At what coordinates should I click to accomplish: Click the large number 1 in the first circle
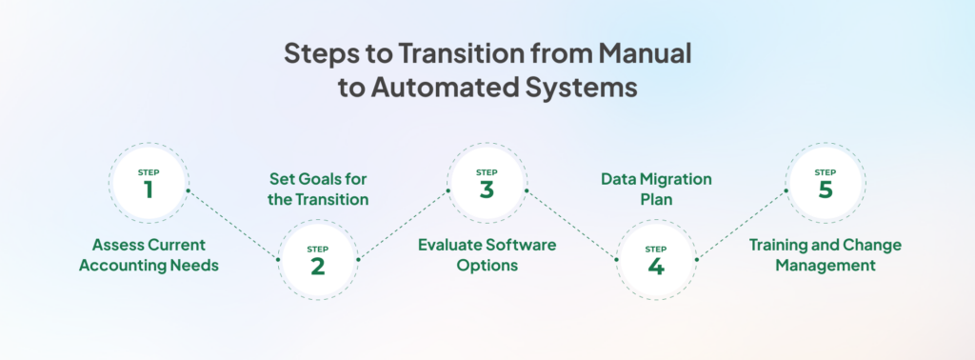(x=149, y=190)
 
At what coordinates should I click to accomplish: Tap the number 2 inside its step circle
(x=317, y=266)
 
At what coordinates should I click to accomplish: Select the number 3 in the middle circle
(x=487, y=190)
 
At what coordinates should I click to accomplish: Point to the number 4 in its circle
(x=655, y=266)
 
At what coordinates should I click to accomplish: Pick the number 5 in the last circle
(x=825, y=190)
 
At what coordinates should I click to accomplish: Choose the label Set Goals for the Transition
(x=317, y=190)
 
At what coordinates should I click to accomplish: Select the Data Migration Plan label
(x=656, y=190)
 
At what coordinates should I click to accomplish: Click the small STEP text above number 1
(x=149, y=172)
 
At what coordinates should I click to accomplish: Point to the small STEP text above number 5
(x=825, y=172)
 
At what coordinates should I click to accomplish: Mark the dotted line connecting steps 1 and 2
(x=232, y=225)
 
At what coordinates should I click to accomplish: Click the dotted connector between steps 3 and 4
(x=571, y=225)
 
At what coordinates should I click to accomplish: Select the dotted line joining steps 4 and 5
(x=741, y=225)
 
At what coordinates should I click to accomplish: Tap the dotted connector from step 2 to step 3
(x=402, y=225)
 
